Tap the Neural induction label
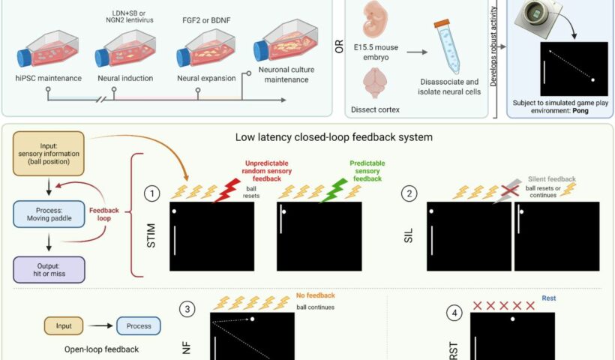point(125,78)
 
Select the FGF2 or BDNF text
point(206,20)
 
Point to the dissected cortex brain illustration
point(375,83)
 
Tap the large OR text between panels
point(340,46)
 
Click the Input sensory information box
point(49,153)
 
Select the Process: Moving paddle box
point(49,214)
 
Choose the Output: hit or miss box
point(49,270)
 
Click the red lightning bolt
point(227,190)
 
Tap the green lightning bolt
point(334,190)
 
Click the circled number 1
point(152,193)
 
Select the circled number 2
point(409,193)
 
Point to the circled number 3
point(187,309)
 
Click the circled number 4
point(454,313)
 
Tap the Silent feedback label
point(552,179)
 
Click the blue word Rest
point(549,298)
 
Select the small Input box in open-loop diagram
point(64,326)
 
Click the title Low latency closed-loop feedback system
point(334,137)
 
